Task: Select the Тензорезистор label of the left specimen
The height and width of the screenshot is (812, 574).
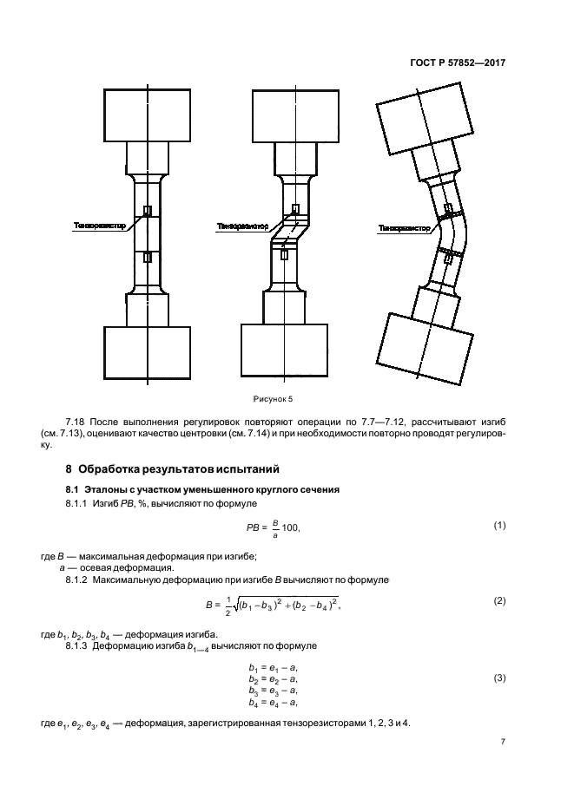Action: [x=100, y=225]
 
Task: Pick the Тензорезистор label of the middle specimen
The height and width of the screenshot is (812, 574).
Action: [x=241, y=226]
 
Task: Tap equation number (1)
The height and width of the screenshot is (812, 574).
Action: [x=499, y=525]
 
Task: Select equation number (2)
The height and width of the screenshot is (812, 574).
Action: [x=499, y=600]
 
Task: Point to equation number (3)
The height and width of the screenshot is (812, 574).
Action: [x=499, y=678]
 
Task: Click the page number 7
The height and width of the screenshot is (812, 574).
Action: [x=503, y=743]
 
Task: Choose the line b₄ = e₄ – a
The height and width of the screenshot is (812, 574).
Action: [x=273, y=702]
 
